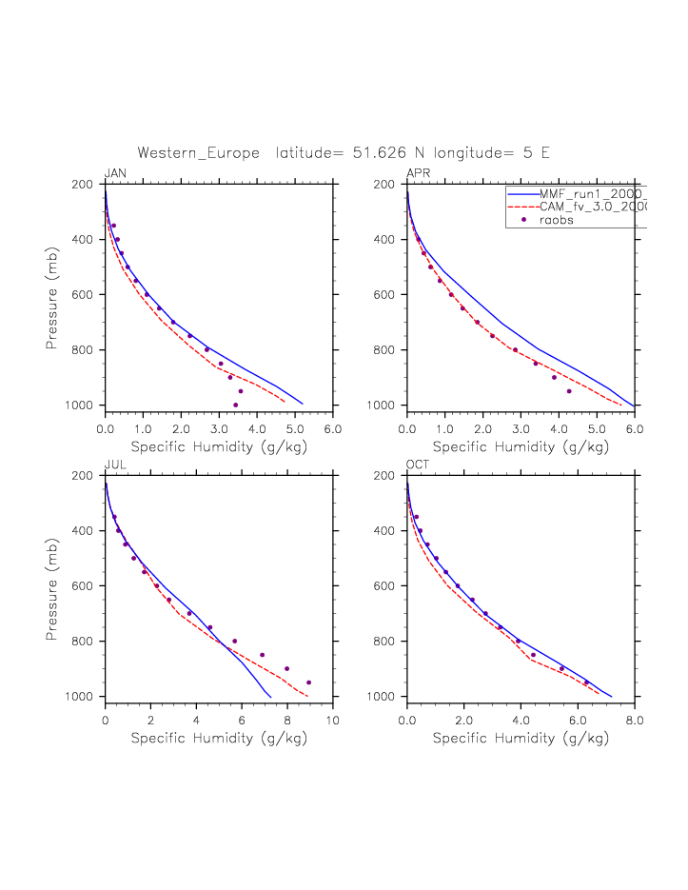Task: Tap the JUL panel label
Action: tap(114, 465)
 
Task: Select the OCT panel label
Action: tap(417, 465)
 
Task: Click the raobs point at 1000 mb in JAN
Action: tap(235, 405)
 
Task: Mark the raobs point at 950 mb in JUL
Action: tap(308, 682)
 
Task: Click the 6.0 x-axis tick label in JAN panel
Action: tap(332, 429)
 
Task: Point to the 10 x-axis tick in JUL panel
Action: tap(332, 721)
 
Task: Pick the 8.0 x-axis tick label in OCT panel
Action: tap(634, 721)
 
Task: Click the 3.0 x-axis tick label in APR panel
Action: tap(521, 429)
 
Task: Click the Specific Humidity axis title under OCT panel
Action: tap(521, 738)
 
